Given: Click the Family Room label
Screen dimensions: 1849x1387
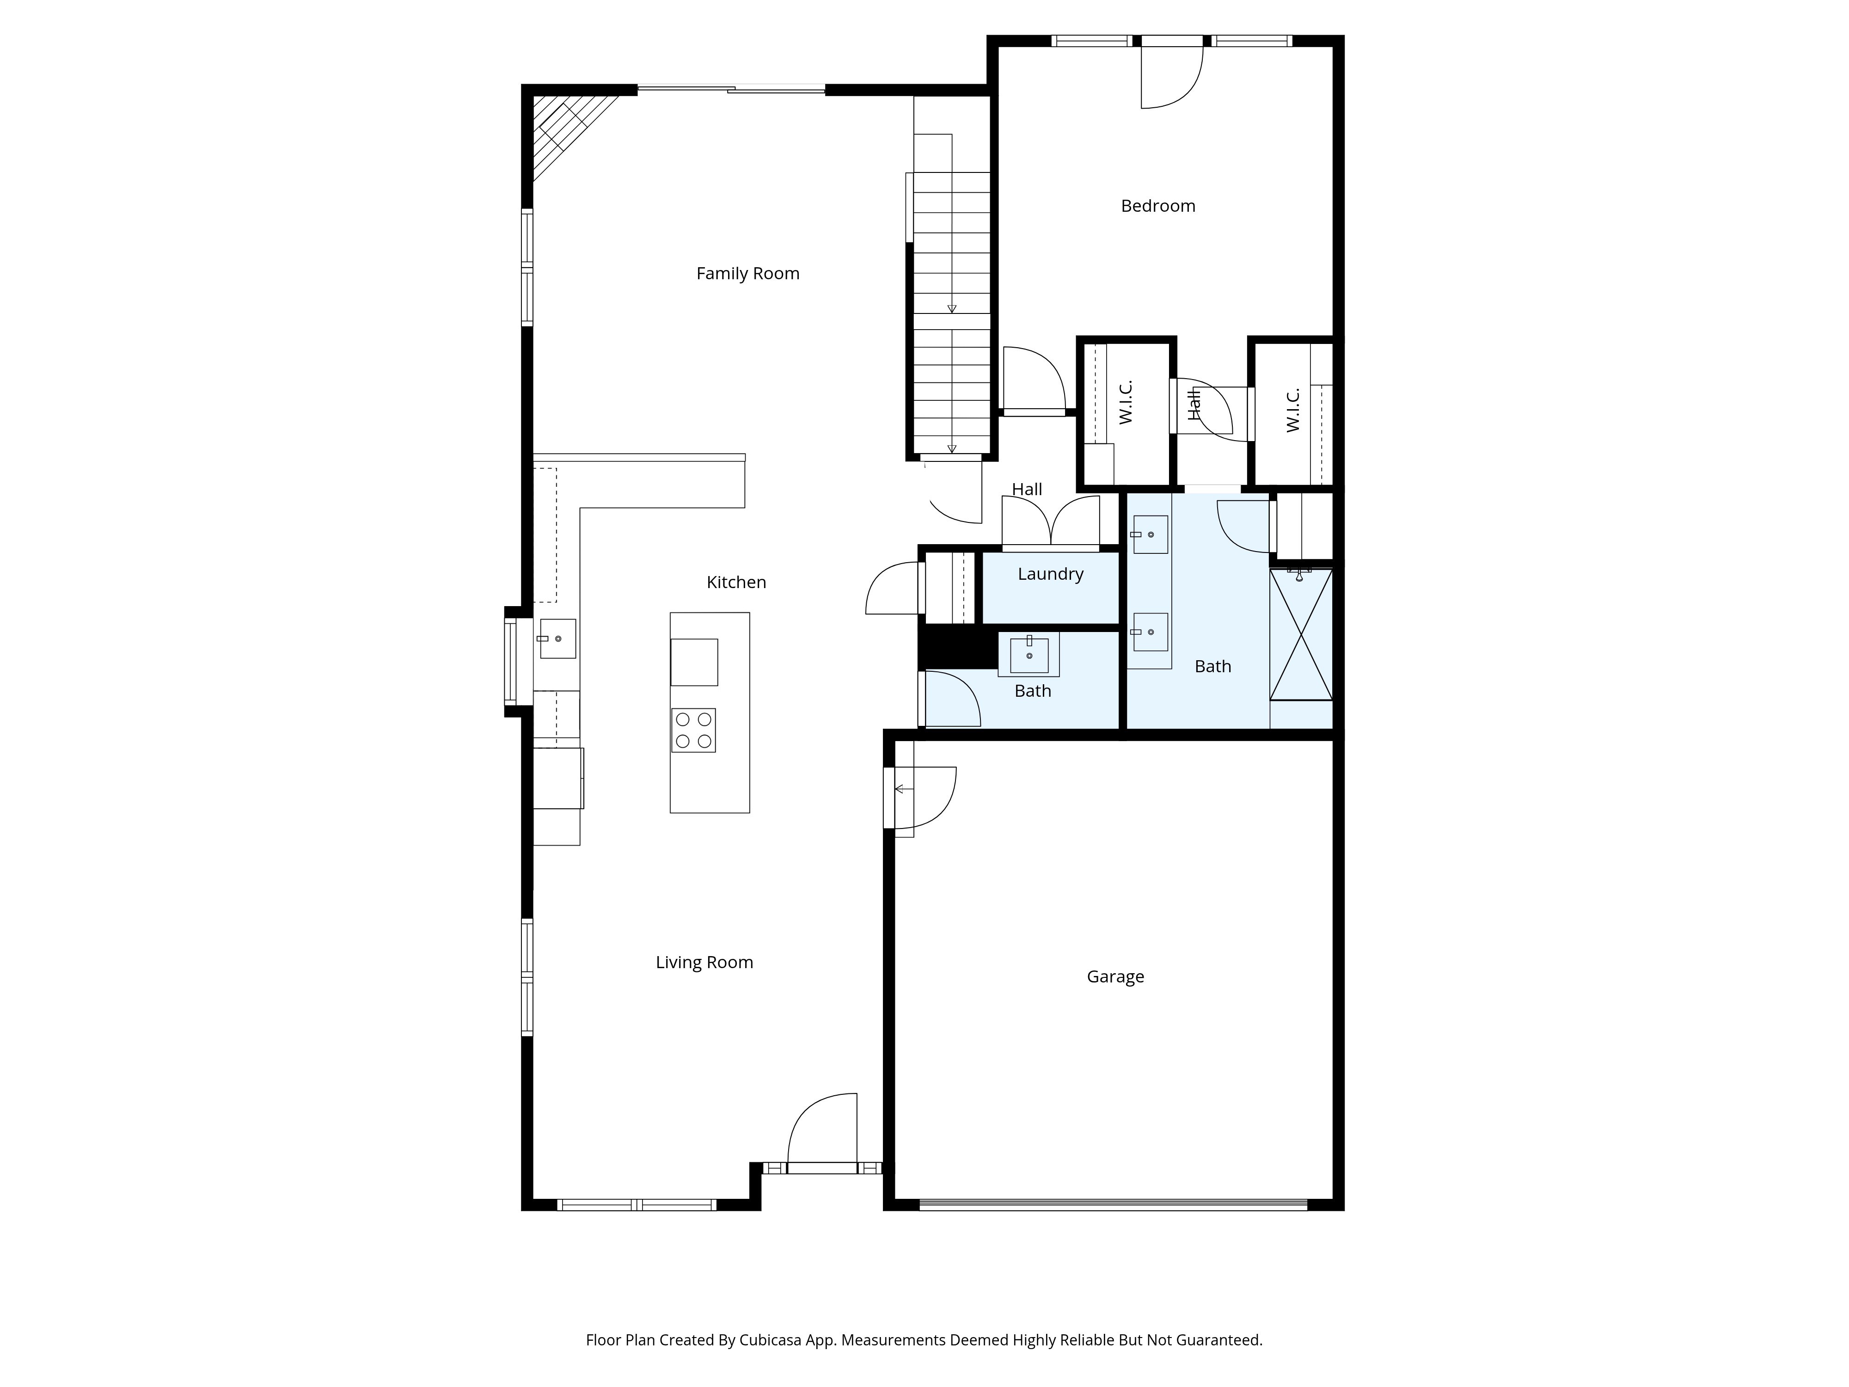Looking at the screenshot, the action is tap(747, 273).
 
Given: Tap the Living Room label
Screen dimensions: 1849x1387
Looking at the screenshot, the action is tap(704, 962).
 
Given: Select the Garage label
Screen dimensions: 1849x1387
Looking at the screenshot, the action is tap(1115, 976).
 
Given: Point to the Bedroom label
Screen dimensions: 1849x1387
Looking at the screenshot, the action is tap(1158, 206).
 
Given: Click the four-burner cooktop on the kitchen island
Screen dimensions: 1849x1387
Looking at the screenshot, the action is tap(693, 730).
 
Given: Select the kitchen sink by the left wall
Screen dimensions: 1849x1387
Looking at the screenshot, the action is tap(557, 639).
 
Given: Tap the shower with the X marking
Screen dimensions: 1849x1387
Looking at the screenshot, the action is tap(1301, 635).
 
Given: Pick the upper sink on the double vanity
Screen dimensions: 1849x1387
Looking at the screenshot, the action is tap(1150, 534).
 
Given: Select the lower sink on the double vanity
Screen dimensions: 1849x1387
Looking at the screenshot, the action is tap(1150, 632).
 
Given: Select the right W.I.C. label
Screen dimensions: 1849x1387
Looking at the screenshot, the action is tap(1292, 410).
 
